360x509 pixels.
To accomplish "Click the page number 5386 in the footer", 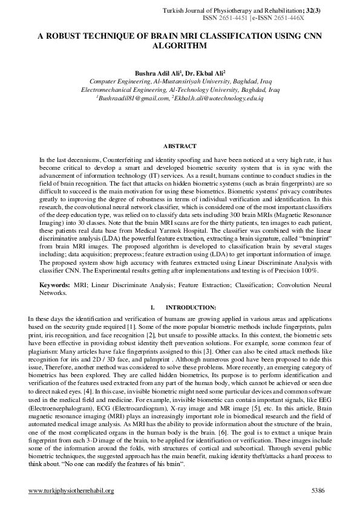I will [x=319, y=490].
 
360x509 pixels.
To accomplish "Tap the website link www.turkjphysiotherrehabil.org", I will [x=71, y=490].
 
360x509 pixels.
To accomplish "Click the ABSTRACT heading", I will [x=180, y=146].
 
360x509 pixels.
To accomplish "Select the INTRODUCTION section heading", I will [x=191, y=307].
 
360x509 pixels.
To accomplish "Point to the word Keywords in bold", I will [x=54, y=284].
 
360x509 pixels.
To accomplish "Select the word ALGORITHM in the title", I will [x=180, y=45].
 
